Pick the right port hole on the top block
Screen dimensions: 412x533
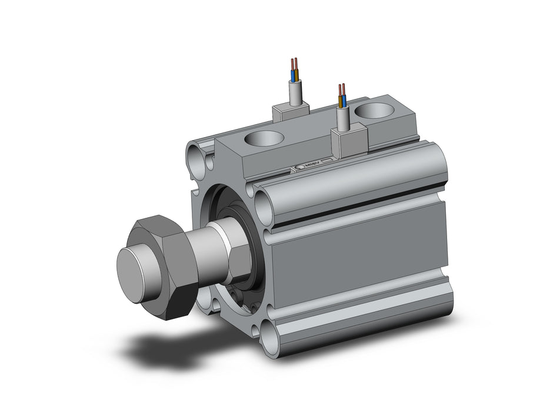(375, 110)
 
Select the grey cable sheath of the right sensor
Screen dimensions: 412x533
(343, 118)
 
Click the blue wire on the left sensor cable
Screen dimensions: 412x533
(292, 74)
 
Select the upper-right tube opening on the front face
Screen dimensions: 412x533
(265, 198)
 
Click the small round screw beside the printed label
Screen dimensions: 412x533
(299, 169)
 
